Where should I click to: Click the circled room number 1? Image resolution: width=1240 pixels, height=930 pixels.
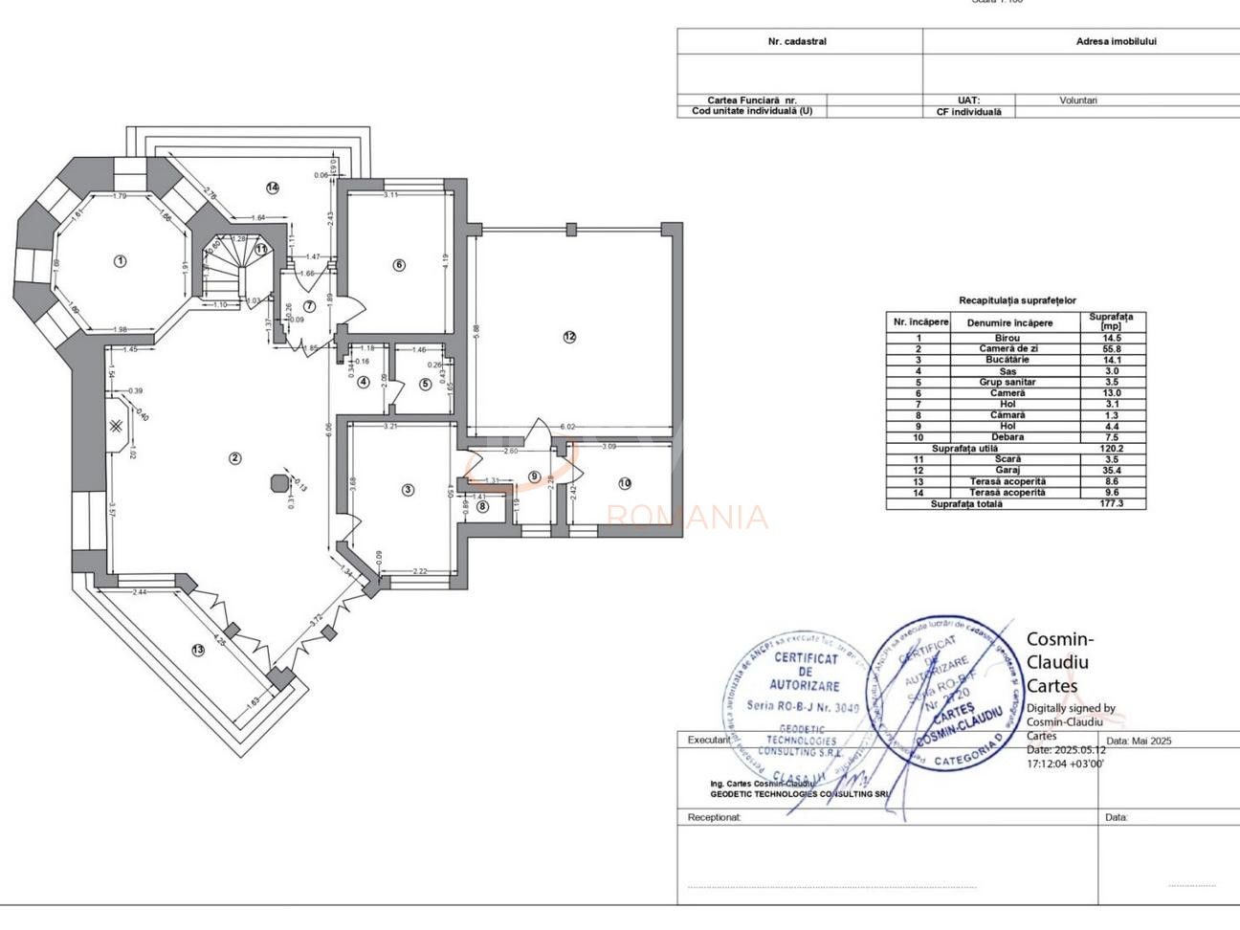[x=120, y=260]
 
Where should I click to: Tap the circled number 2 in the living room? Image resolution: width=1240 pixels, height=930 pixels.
[x=235, y=458]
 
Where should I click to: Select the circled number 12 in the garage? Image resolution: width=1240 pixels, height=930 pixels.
[x=570, y=336]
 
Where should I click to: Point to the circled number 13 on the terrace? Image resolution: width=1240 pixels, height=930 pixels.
[x=198, y=650]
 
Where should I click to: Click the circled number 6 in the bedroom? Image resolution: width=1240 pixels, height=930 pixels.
[x=399, y=265]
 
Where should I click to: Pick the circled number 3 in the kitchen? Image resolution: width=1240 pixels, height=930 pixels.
[x=408, y=490]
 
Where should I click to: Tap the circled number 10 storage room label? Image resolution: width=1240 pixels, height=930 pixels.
[x=625, y=483]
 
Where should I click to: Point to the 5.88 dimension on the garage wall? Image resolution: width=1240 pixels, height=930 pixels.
[x=476, y=329]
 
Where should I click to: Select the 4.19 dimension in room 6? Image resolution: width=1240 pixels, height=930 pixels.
[x=445, y=258]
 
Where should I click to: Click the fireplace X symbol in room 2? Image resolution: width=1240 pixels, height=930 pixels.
[x=115, y=426]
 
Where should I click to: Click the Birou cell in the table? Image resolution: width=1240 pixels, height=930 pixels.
[x=1007, y=338]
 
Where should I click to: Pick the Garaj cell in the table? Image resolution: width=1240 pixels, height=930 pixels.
[x=1007, y=470]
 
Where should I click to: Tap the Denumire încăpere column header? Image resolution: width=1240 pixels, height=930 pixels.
[x=1008, y=322]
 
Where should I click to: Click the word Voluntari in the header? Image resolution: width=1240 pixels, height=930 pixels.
[x=1078, y=100]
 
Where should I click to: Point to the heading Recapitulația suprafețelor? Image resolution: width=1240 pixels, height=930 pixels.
[x=1017, y=300]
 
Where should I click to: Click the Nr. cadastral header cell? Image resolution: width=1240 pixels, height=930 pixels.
[x=797, y=42]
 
